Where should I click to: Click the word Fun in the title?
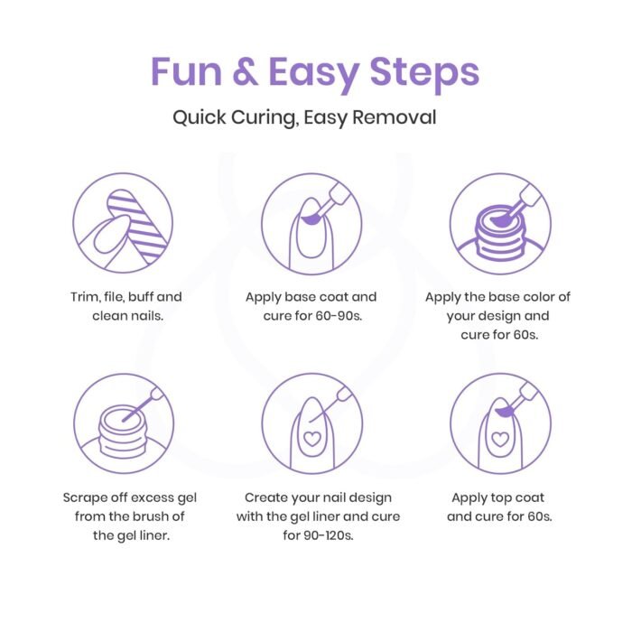[187, 71]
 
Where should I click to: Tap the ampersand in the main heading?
[245, 71]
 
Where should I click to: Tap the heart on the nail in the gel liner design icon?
[312, 438]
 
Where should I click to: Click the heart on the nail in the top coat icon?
[500, 439]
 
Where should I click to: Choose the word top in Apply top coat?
[497, 498]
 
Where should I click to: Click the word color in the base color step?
[536, 297]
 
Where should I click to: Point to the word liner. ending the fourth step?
[154, 535]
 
